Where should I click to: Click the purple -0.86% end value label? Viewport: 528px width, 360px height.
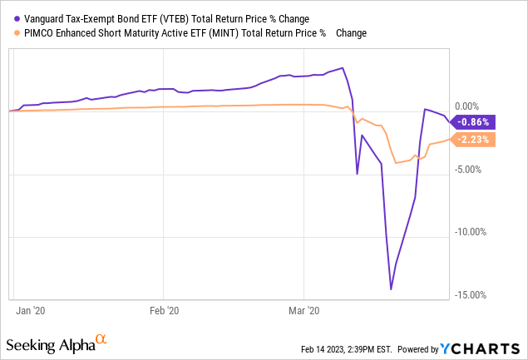(475, 121)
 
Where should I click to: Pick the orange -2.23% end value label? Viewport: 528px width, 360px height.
(475, 140)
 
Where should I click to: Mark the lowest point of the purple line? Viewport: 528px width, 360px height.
(391, 289)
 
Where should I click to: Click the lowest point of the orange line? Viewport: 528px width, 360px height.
(396, 163)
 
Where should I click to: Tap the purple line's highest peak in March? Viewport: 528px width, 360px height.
(343, 67)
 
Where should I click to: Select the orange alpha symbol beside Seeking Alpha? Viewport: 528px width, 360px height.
(101, 339)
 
